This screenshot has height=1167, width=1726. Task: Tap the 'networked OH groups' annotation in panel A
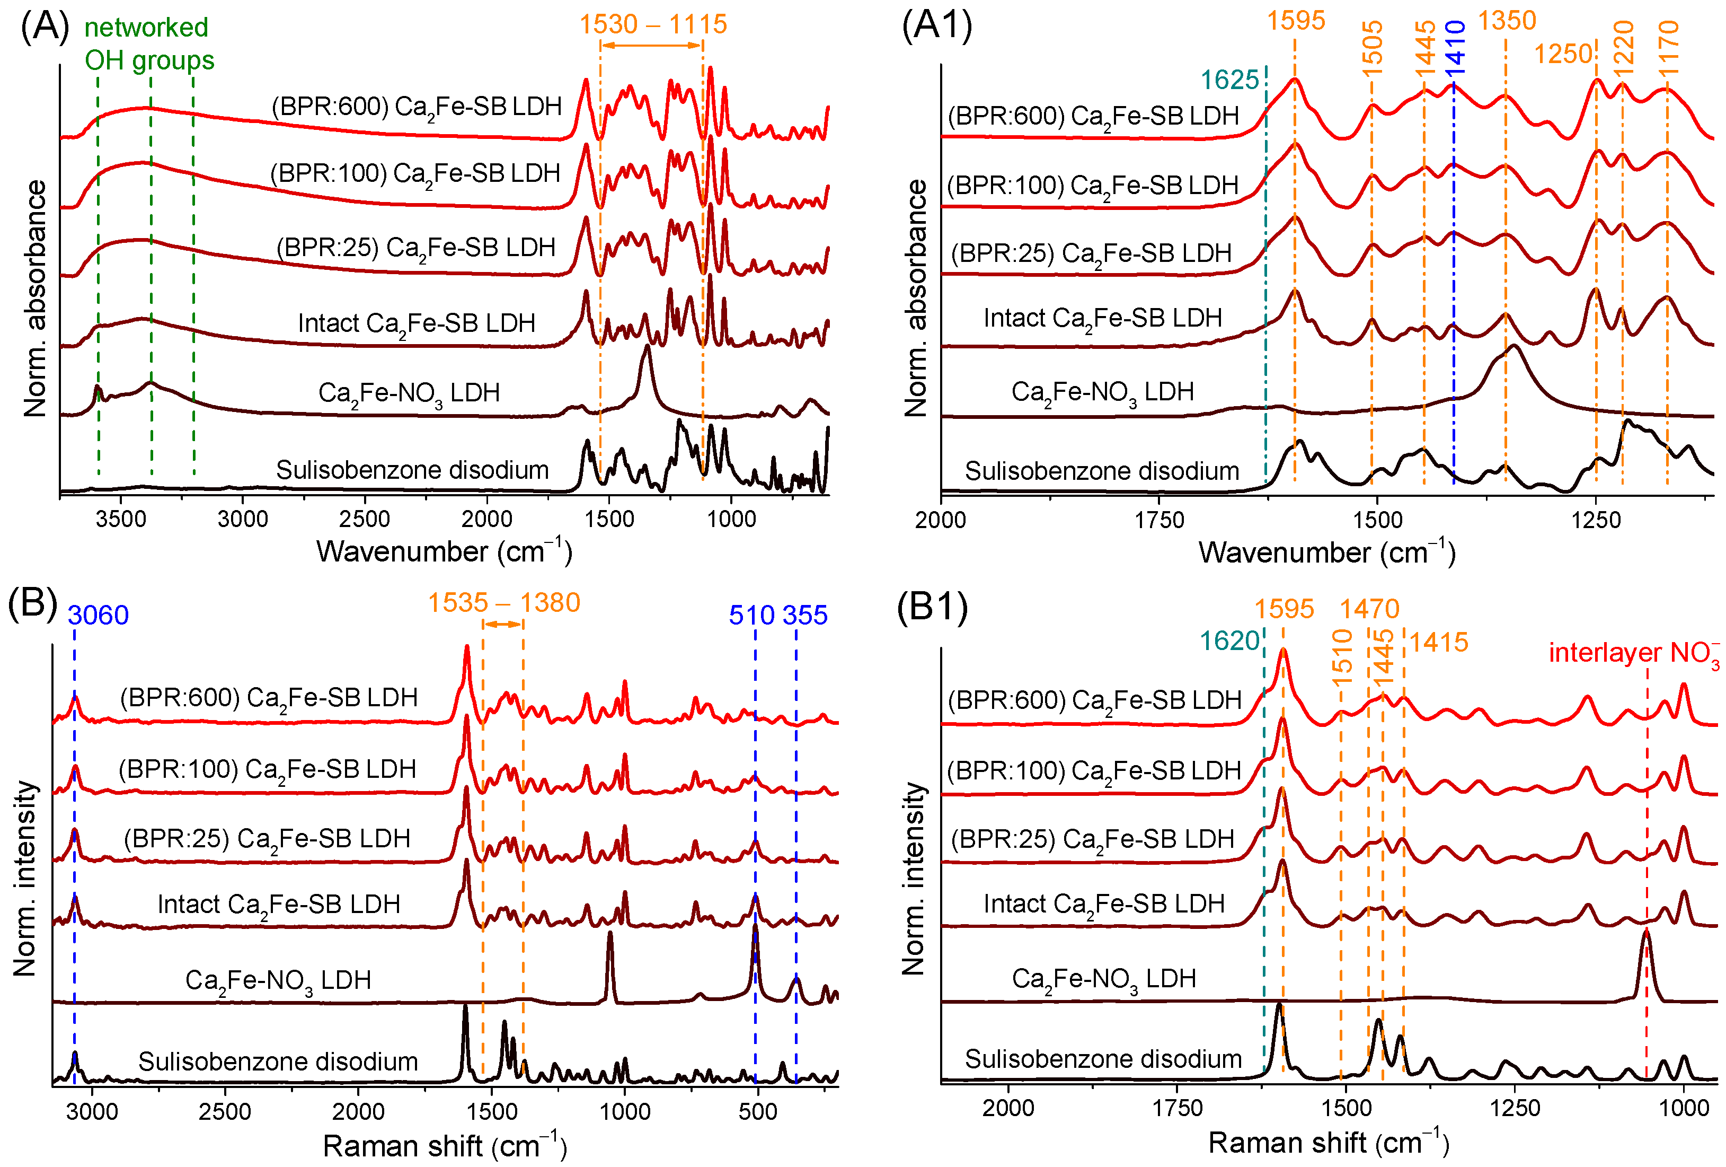pos(148,43)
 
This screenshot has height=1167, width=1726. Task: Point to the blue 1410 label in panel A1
pos(1455,47)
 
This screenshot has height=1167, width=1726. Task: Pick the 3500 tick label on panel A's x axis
pos(121,519)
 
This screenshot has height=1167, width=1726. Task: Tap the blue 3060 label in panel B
pos(98,615)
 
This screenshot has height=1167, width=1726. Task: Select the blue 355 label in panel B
pos(805,615)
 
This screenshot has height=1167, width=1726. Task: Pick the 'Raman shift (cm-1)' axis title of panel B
pos(445,1145)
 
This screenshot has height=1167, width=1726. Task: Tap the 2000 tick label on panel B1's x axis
pos(1008,1108)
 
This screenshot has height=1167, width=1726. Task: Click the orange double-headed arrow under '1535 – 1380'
pos(503,624)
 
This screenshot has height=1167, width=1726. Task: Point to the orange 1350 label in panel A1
pos(1506,21)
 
